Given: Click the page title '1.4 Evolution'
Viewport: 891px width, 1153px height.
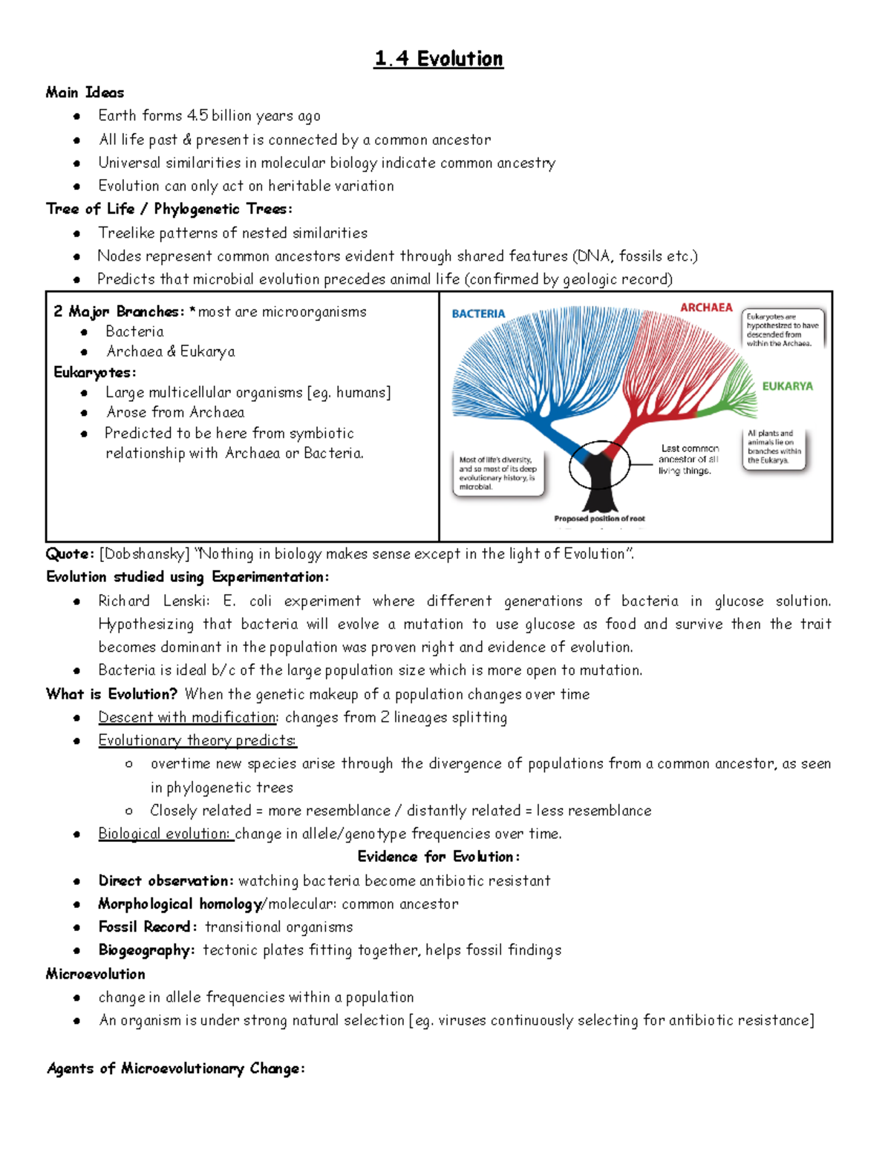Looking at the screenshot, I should click(439, 59).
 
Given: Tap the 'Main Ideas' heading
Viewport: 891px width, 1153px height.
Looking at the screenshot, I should click(85, 93).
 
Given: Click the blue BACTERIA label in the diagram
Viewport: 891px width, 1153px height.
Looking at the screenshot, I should click(478, 314).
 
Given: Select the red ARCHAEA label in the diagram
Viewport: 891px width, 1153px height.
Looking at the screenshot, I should click(706, 307).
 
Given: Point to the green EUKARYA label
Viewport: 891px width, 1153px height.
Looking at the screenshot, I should click(787, 386).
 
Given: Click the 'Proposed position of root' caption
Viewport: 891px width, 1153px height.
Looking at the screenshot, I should click(599, 519).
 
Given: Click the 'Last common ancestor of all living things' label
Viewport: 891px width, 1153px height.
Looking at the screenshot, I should click(688, 460).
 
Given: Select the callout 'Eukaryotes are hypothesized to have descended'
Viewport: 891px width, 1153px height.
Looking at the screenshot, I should click(783, 330).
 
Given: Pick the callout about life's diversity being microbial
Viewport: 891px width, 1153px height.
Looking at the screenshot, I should click(497, 473).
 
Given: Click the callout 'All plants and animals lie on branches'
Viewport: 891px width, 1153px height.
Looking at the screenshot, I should click(774, 447).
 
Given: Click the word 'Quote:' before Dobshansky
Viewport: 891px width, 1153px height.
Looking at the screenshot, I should click(70, 554).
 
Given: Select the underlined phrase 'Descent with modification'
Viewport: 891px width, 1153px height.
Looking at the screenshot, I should click(187, 717).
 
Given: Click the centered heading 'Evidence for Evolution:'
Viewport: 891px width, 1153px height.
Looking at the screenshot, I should click(439, 857).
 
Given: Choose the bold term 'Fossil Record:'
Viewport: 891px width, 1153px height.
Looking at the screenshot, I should click(147, 927).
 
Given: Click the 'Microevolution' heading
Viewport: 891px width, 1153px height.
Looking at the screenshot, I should click(95, 974).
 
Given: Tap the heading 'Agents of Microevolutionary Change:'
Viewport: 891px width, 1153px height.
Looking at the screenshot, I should click(175, 1068).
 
